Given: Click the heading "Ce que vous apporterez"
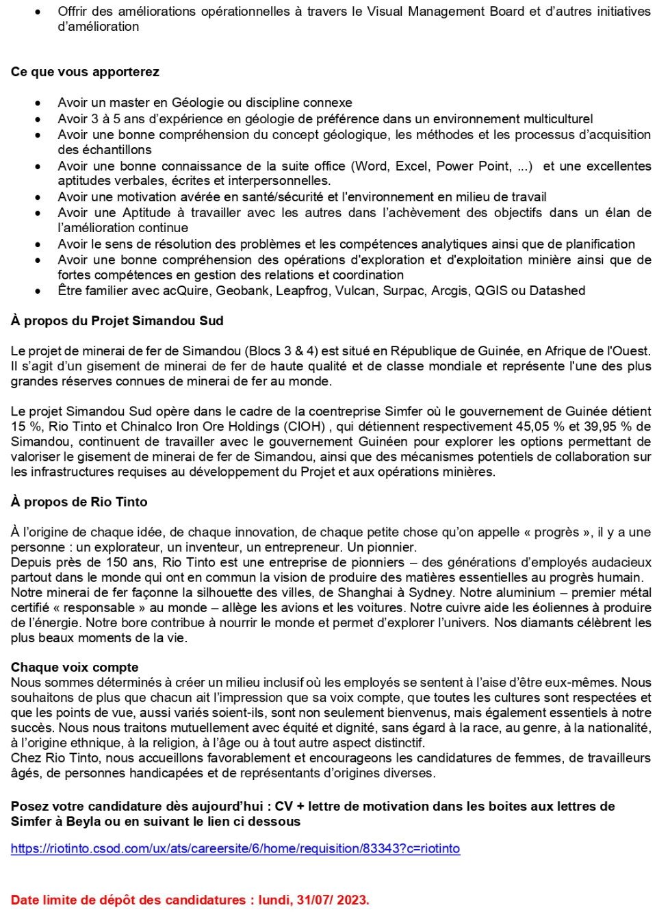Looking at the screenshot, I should pyautogui.click(x=85, y=72).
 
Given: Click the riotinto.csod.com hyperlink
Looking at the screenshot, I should pyautogui.click(x=235, y=848).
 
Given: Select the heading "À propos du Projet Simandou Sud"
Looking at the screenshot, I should pyautogui.click(x=117, y=320).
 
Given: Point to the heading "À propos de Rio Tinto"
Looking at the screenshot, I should pyautogui.click(x=79, y=501).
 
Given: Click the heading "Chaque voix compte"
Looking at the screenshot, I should pyautogui.click(x=75, y=667).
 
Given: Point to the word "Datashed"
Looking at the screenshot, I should pyautogui.click(x=557, y=290).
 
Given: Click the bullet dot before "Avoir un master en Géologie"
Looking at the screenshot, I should pyautogui.click(x=38, y=103).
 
